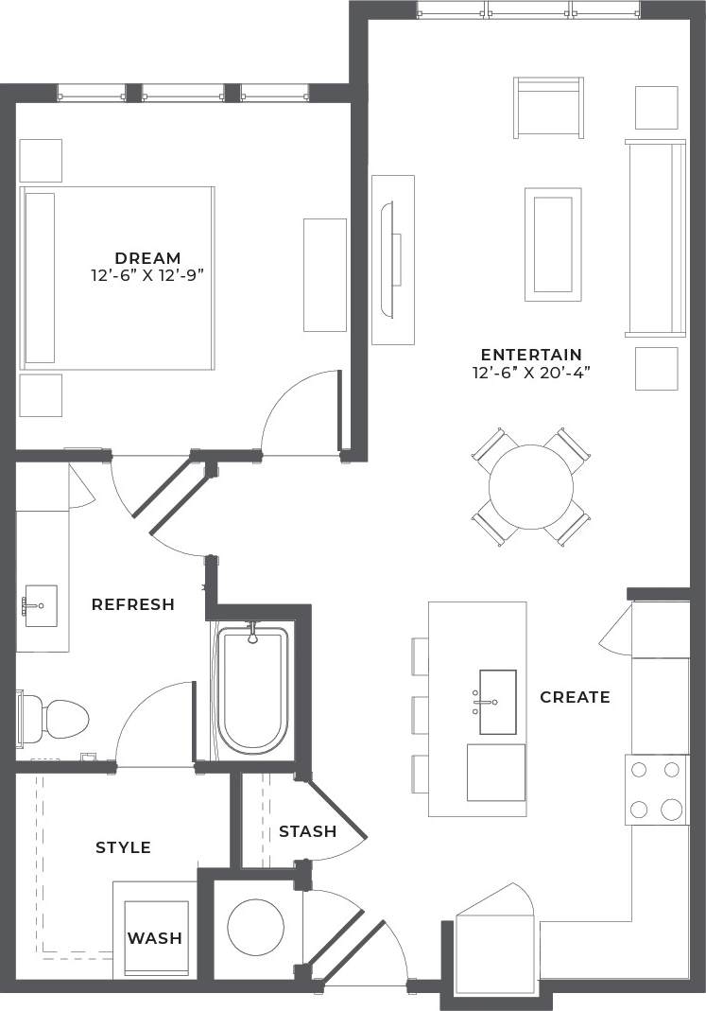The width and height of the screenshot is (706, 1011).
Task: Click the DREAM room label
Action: click(x=147, y=258)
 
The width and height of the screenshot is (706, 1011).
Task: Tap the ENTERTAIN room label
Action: click(x=530, y=356)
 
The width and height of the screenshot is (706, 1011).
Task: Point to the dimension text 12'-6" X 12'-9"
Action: click(x=147, y=275)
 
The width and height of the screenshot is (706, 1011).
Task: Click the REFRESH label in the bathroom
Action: click(x=133, y=604)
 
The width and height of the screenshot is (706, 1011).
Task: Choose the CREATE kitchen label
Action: click(x=575, y=697)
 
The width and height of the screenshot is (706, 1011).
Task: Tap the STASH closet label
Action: click(x=307, y=831)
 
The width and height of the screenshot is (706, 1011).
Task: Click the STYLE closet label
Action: click(x=123, y=847)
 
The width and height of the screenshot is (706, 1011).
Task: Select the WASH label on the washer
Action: click(x=155, y=938)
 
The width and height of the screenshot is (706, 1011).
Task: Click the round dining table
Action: click(x=531, y=487)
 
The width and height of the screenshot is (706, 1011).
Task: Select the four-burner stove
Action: click(x=656, y=790)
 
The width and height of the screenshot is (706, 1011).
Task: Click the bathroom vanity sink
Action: click(x=41, y=605)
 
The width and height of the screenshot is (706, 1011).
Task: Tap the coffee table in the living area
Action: click(x=553, y=244)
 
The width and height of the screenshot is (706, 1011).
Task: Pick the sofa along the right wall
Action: click(x=656, y=237)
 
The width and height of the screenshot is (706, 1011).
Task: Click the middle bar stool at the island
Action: click(x=421, y=715)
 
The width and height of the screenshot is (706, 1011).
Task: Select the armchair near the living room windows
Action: click(x=548, y=107)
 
